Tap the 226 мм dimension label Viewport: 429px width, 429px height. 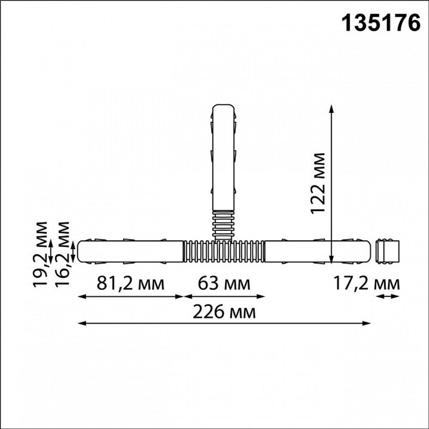[x=224, y=312]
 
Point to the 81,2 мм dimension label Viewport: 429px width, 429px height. [x=130, y=284]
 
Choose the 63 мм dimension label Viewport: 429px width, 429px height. [x=224, y=284]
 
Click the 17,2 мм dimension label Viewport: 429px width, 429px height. [x=366, y=284]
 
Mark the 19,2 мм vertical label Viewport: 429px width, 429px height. [x=42, y=254]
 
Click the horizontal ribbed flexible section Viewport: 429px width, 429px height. [x=224, y=252]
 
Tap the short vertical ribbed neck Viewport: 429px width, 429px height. [x=224, y=224]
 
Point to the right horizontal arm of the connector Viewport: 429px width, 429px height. [x=317, y=252]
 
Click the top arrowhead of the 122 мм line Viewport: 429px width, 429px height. [x=331, y=108]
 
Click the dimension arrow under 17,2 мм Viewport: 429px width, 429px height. [x=388, y=296]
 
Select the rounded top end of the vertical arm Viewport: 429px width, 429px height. [x=224, y=107]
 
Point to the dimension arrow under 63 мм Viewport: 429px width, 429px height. [x=224, y=296]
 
